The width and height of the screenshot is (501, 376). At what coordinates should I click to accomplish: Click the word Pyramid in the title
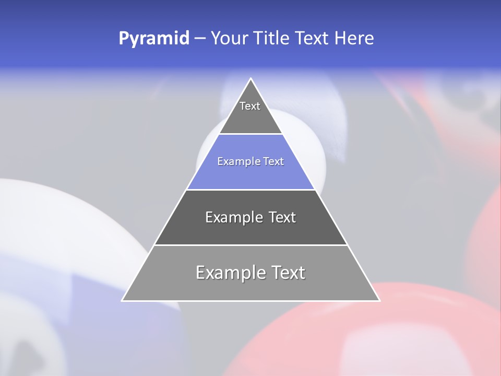(154, 39)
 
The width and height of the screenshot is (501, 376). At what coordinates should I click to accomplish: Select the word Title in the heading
(272, 38)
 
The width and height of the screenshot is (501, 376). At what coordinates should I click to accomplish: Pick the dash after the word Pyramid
(199, 39)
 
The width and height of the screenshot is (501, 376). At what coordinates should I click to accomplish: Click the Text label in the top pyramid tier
(250, 106)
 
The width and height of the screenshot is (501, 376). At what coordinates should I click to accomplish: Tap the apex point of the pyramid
(250, 79)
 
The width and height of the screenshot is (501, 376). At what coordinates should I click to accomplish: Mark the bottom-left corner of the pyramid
(123, 300)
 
